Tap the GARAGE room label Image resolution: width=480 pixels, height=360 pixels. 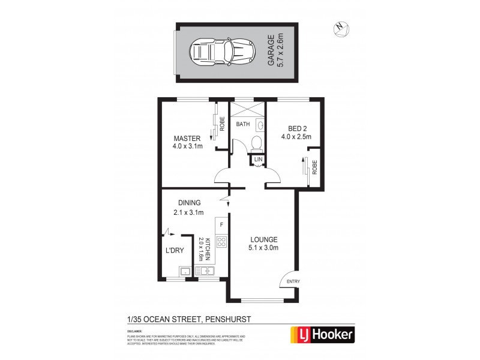click(271, 50)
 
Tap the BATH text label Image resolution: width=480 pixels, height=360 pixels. click(242, 125)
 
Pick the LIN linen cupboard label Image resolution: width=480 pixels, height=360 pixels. click(257, 160)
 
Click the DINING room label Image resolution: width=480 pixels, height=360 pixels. click(188, 203)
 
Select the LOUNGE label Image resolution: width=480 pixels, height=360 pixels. click(263, 239)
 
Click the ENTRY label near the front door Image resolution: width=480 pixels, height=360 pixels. click(293, 282)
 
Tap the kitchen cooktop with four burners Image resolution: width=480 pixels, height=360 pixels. click(221, 242)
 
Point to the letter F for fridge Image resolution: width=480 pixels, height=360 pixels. click(221, 225)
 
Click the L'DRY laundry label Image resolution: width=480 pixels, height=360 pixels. click(175, 251)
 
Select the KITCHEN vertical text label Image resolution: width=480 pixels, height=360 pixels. click(208, 248)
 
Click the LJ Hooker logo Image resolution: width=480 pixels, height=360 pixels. click(322, 334)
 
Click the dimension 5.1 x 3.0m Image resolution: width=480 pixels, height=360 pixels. click(263, 248)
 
